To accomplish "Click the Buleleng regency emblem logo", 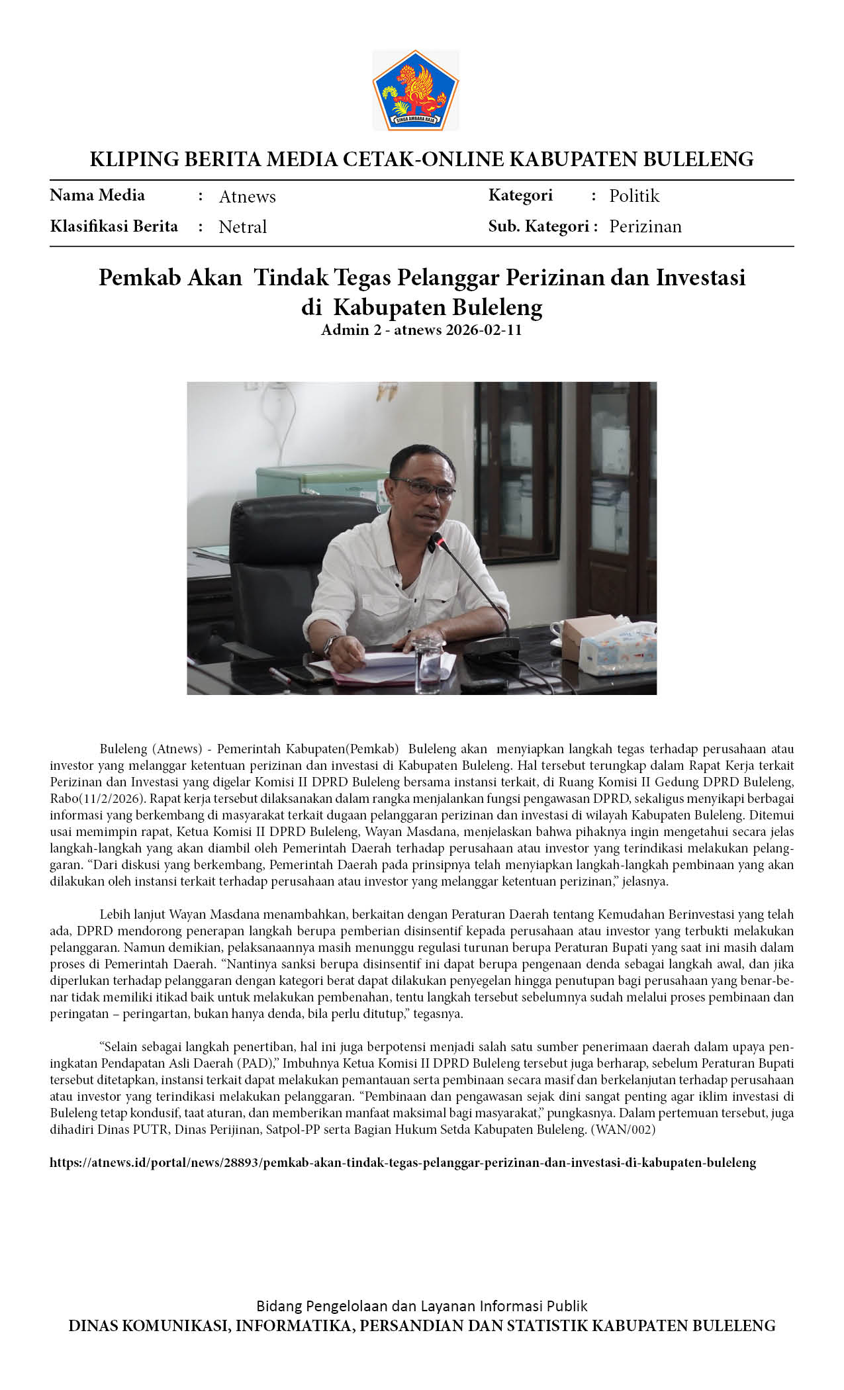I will tap(415, 90).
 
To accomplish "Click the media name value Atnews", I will tap(247, 197).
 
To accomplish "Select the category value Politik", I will tap(634, 196).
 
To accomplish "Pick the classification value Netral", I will tap(242, 227).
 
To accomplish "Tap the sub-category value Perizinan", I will tap(645, 226).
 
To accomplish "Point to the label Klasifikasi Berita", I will tap(114, 226).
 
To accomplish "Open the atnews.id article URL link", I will tap(402, 1162).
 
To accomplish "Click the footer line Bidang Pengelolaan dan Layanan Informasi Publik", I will tap(422, 1306).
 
